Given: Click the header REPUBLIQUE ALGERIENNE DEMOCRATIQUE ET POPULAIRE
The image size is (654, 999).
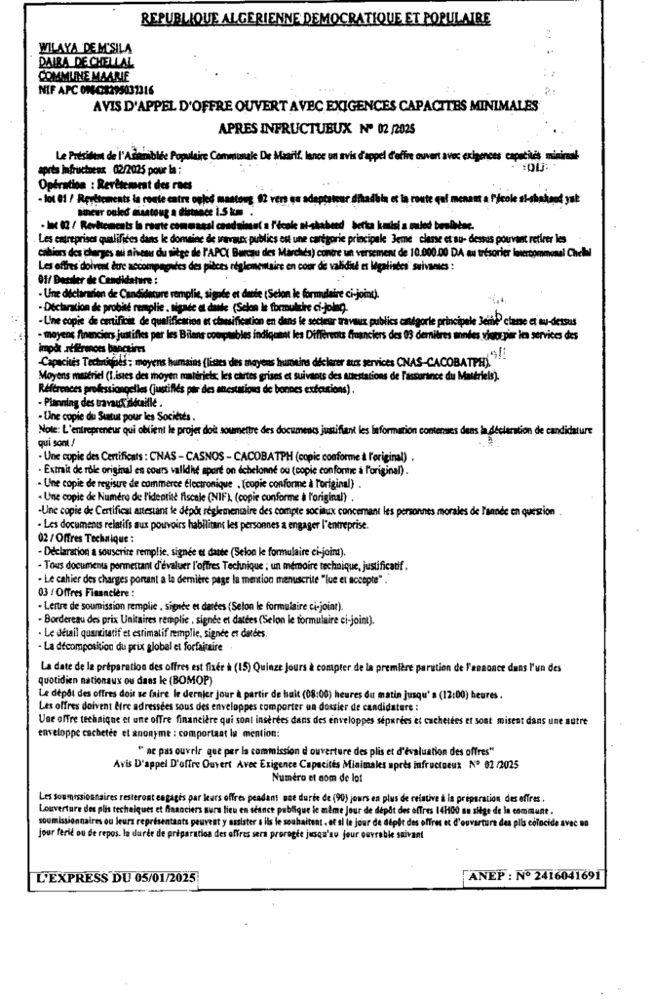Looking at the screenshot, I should pos(316,19).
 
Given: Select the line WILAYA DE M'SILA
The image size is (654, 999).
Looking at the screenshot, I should pos(87,48).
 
